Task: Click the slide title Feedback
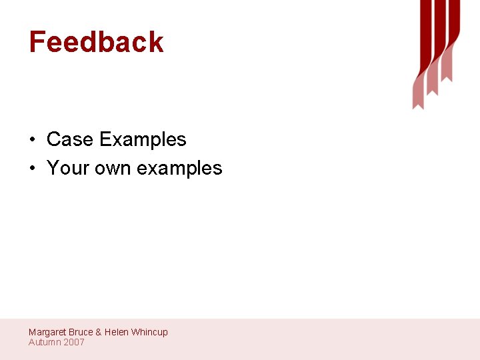[96, 42]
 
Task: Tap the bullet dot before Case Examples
[32, 140]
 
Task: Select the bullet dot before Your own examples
[32, 169]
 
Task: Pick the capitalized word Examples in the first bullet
[143, 140]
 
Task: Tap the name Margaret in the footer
[47, 332]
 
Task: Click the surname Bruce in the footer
[81, 332]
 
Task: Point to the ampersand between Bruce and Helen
[99, 332]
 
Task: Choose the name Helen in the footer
[116, 332]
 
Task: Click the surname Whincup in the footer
[149, 332]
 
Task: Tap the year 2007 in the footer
[74, 342]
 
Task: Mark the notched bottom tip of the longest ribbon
[418, 103]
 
